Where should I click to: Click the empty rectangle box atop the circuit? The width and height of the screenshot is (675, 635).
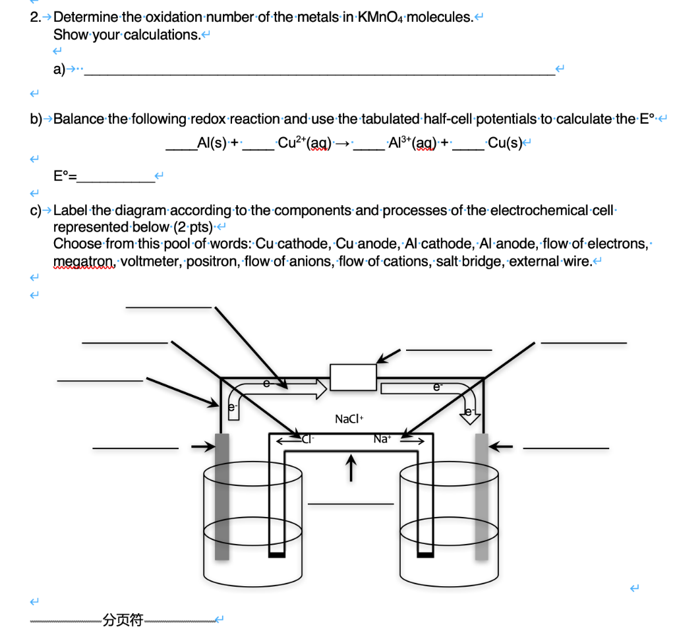point(353,377)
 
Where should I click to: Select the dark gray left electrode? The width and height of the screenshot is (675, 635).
point(222,495)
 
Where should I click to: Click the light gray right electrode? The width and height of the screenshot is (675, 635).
point(482,495)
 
